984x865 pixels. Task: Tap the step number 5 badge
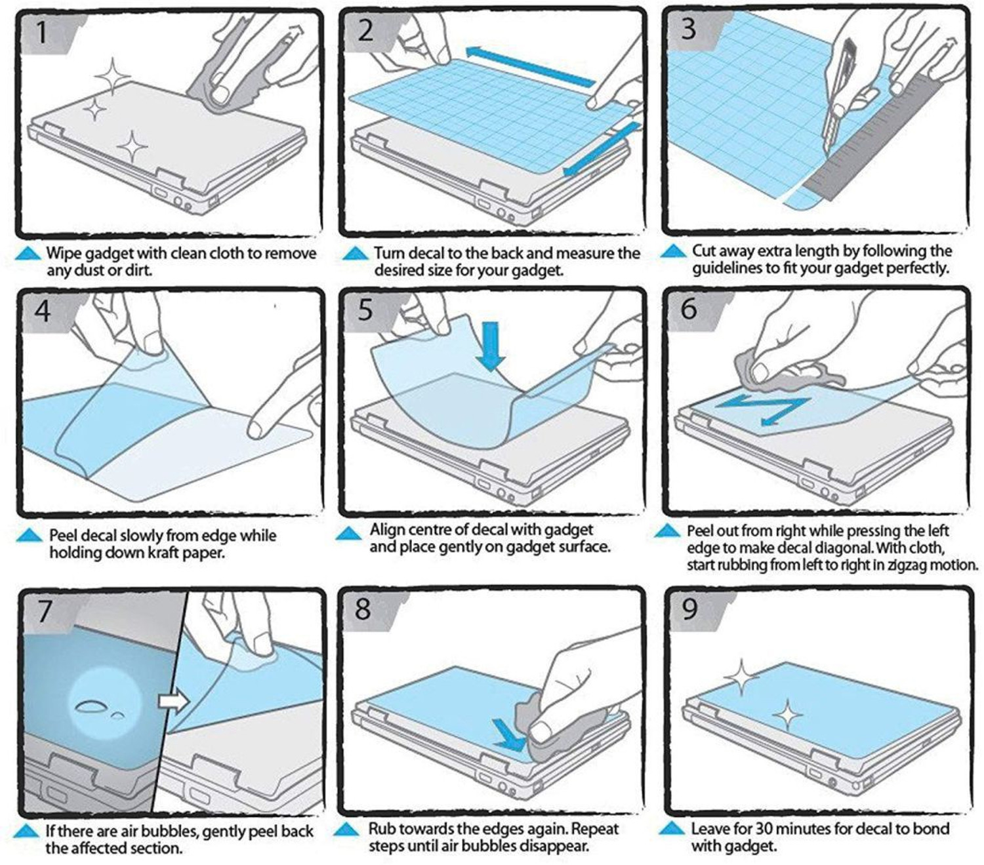[x=365, y=310]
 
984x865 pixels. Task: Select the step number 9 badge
[x=689, y=609]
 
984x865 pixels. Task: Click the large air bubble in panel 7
[x=91, y=707]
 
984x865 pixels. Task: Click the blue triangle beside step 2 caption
[x=355, y=253]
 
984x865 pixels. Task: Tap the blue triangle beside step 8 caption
[x=346, y=830]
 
